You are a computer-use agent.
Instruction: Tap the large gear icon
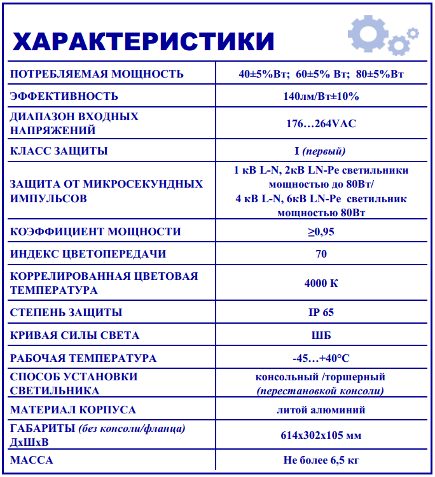[x=367, y=32]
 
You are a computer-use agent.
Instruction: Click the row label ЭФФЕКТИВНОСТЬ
[x=64, y=96]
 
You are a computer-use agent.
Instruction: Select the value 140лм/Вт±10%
[x=321, y=96]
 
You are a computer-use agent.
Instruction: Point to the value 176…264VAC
[x=321, y=123]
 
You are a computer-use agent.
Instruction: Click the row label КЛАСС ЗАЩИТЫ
[x=59, y=151]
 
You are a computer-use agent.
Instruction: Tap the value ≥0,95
[x=321, y=232]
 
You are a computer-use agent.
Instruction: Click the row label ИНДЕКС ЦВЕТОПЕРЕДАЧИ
[x=88, y=254]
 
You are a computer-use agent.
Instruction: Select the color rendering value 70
[x=321, y=254]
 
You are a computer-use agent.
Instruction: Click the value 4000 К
[x=321, y=283]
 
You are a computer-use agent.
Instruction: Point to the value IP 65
[x=321, y=312]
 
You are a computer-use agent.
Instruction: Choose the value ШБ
[x=321, y=335]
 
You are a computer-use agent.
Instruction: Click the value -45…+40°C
[x=321, y=358]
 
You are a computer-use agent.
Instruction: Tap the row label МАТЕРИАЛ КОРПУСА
[x=73, y=410]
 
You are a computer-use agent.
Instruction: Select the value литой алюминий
[x=321, y=410]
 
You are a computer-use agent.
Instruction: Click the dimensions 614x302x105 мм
[x=321, y=436]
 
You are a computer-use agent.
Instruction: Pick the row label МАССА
[x=32, y=460]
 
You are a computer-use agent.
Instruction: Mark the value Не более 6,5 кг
[x=321, y=460]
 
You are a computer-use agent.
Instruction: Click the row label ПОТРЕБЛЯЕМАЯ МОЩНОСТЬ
[x=97, y=74]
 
